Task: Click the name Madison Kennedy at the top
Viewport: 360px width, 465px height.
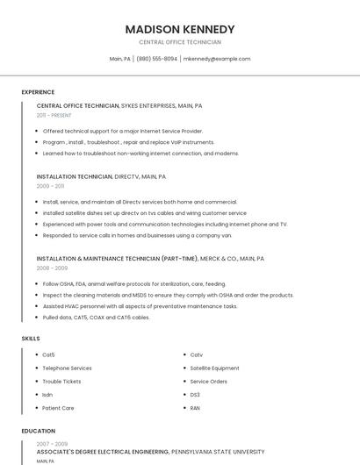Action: click(180, 29)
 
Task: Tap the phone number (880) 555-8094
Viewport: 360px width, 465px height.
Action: click(156, 59)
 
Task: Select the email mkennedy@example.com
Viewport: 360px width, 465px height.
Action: click(217, 59)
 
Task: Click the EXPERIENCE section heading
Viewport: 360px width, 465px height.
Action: click(38, 92)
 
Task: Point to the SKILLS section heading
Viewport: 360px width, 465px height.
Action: click(31, 338)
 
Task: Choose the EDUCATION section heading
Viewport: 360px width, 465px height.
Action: click(39, 431)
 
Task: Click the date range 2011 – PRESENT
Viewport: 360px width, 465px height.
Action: click(54, 115)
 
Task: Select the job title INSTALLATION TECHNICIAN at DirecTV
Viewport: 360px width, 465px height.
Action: click(75, 176)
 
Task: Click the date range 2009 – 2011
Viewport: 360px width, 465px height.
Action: click(50, 186)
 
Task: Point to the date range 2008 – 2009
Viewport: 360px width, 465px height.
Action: click(51, 268)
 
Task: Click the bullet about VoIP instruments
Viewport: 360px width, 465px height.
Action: click(128, 142)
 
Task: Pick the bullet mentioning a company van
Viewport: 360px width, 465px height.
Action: click(137, 235)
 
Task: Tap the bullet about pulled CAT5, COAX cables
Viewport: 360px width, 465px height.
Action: click(96, 318)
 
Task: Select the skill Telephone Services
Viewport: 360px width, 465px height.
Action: click(67, 368)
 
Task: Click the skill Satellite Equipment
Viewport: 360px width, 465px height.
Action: click(214, 368)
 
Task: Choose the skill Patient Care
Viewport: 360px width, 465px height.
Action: click(58, 408)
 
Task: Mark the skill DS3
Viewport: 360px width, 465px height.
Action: click(195, 395)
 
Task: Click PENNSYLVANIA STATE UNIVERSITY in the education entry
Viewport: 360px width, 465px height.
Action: click(218, 452)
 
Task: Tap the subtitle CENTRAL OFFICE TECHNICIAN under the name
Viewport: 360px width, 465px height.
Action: click(180, 42)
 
